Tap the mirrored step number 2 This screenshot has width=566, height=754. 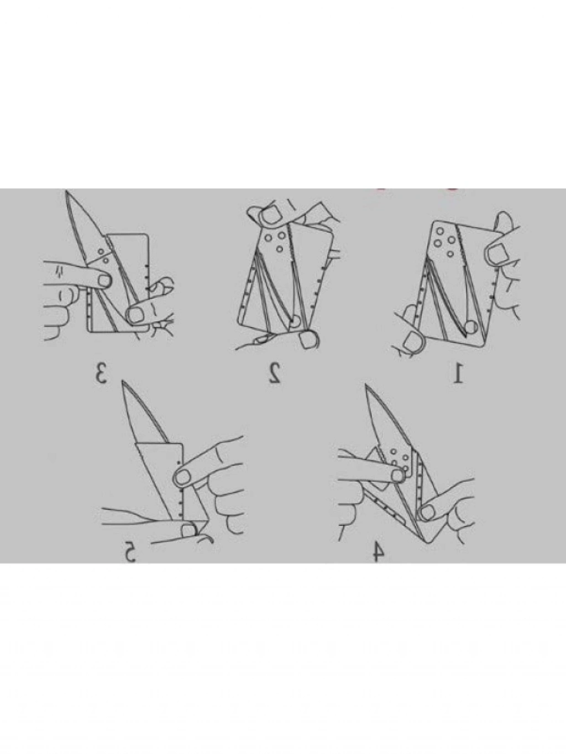pos(274,373)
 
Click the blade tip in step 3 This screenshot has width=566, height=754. pos(66,191)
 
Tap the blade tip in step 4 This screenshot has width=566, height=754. pos(367,386)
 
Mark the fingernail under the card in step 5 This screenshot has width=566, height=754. pos(188,540)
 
